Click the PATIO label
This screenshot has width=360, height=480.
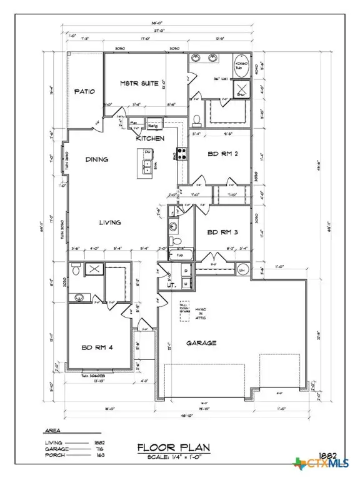tap(85, 91)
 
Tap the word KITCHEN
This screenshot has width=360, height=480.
tap(151, 138)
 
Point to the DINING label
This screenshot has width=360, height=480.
tap(97, 159)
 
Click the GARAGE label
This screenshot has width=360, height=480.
tap(201, 343)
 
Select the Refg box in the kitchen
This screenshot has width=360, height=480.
tap(152, 124)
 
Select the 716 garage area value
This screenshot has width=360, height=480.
tap(99, 449)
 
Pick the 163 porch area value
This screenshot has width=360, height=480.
tap(99, 456)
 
